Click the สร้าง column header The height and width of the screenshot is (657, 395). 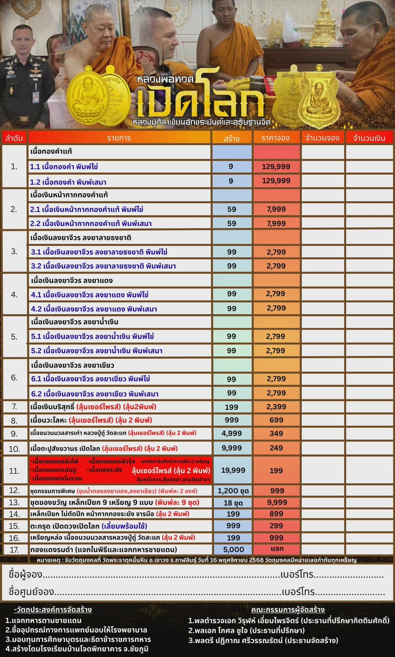pyautogui.click(x=231, y=138)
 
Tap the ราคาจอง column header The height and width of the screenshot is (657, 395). pyautogui.click(x=276, y=138)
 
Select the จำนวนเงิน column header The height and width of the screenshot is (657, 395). pyautogui.click(x=369, y=138)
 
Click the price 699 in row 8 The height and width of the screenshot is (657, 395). pyautogui.click(x=276, y=420)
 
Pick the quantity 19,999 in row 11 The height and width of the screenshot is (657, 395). pyautogui.click(x=233, y=470)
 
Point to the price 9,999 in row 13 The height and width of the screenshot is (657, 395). pyautogui.click(x=277, y=502)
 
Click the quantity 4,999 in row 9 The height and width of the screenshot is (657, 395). pyautogui.click(x=231, y=433)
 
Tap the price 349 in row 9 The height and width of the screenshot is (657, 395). pyautogui.click(x=276, y=433)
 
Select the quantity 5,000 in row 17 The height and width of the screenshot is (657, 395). pyautogui.click(x=233, y=550)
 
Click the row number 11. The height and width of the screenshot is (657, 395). pyautogui.click(x=14, y=471)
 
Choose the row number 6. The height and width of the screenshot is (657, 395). pyautogui.click(x=14, y=377)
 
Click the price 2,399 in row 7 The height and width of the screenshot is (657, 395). pyautogui.click(x=276, y=406)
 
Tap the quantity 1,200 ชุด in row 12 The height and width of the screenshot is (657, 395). pyautogui.click(x=233, y=491)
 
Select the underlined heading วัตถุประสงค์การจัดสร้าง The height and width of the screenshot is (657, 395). pyautogui.click(x=53, y=610)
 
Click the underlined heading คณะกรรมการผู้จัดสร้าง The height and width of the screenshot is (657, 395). pyautogui.click(x=288, y=610)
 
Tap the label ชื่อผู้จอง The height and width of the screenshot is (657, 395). pyautogui.click(x=25, y=575)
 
